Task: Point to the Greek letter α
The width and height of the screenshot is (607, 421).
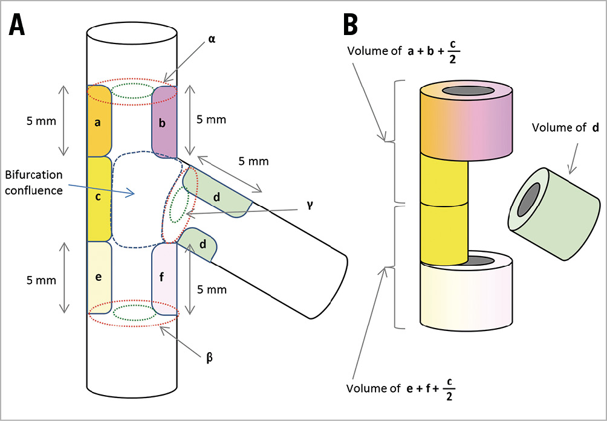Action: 212,39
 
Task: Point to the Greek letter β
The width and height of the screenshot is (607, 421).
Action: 209,358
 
